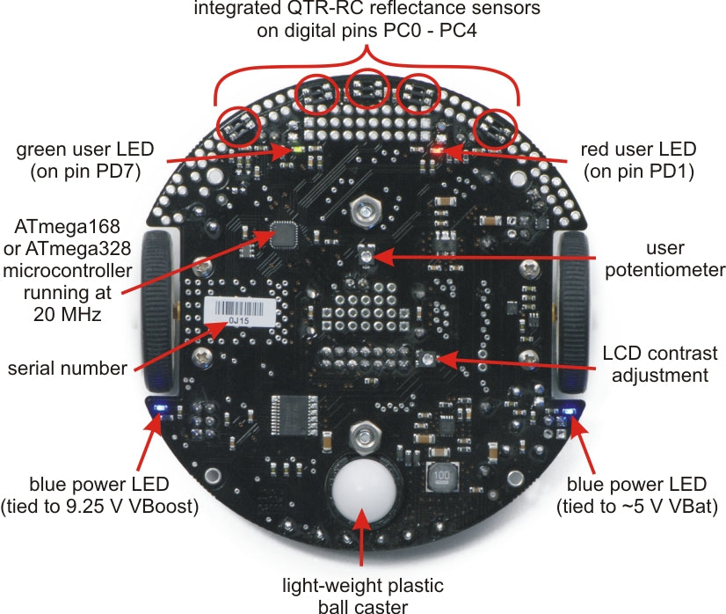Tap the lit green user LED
[299, 150]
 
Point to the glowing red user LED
[437, 150]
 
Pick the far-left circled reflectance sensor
[237, 128]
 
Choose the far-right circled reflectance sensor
[494, 129]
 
